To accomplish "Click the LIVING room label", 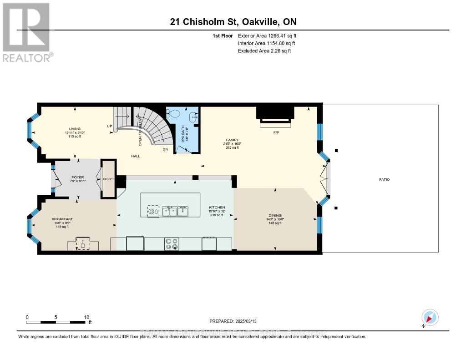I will click(x=71, y=129).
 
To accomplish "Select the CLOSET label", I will click(x=108, y=179).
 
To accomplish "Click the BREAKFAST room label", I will click(x=62, y=219).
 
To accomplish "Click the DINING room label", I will click(x=275, y=215).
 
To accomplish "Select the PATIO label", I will click(x=384, y=179).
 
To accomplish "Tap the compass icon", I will click(x=429, y=317).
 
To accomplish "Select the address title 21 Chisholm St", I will click(x=233, y=22).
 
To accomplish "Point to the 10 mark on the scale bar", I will click(x=86, y=317).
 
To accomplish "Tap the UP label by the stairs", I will click(x=109, y=126).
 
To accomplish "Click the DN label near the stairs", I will click(x=165, y=149).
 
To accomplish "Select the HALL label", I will click(x=135, y=156).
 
